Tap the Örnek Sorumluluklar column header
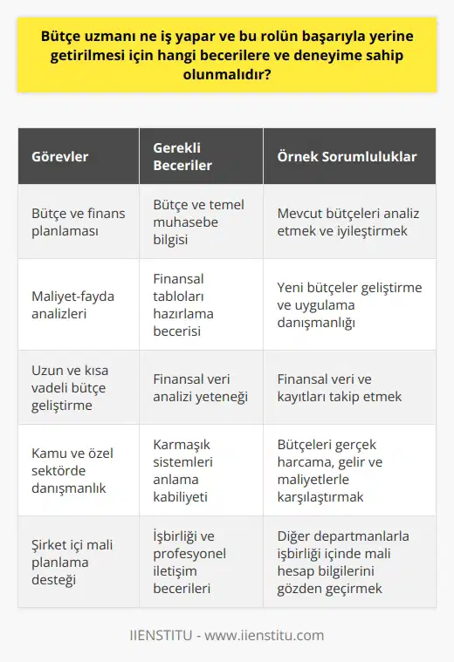(346, 157)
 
